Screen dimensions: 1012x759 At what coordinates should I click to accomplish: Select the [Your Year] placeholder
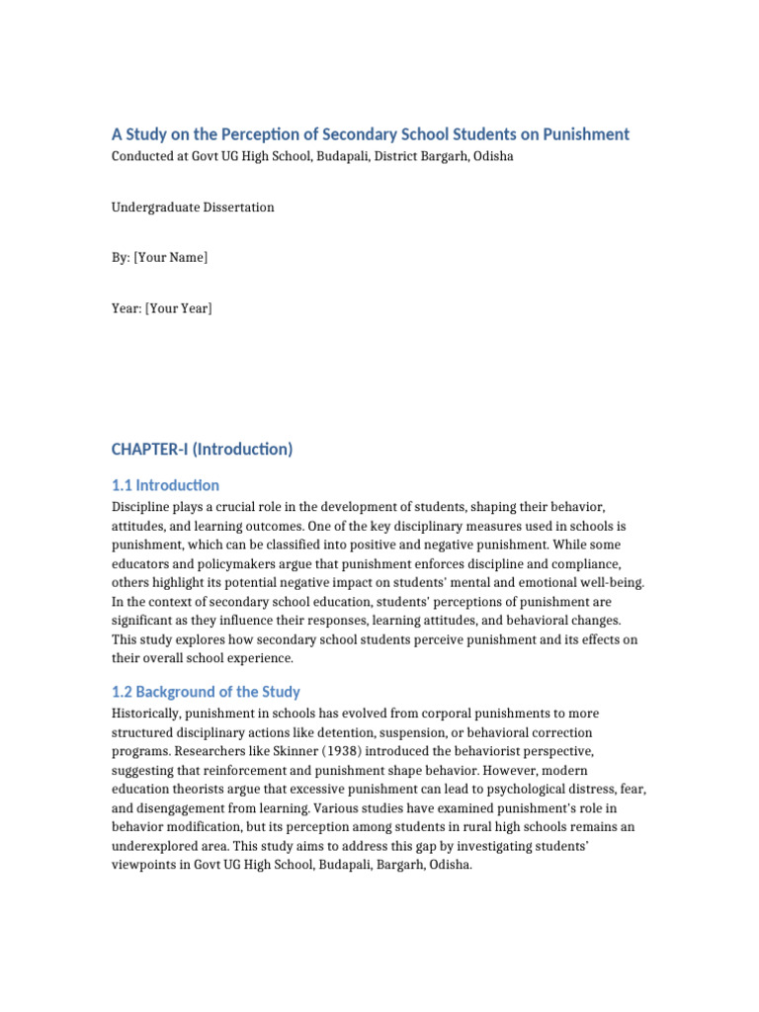[178, 308]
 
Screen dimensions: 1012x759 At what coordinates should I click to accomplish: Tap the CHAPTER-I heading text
[202, 449]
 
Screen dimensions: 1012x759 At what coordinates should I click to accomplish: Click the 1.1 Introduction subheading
[165, 485]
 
